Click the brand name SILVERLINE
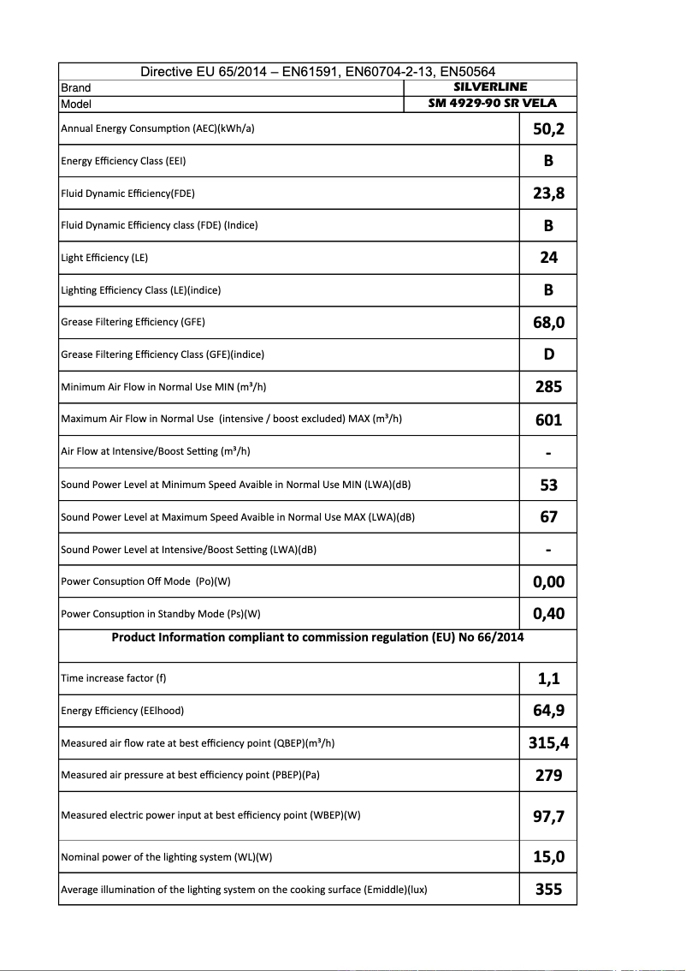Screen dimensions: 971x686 pos(490,86)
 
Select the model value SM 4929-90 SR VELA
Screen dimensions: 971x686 pos(492,103)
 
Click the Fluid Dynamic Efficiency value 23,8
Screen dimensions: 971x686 pos(548,194)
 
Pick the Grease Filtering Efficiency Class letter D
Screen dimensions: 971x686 pos(548,354)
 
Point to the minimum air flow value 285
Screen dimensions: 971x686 pos(548,387)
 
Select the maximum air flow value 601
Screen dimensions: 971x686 pos(548,420)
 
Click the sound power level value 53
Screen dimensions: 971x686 pos(548,485)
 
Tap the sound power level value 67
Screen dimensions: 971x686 pos(548,517)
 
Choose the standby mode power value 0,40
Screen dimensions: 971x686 pos(548,614)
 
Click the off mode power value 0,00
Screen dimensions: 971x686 pos(548,582)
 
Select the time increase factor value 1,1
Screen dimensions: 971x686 pos(548,678)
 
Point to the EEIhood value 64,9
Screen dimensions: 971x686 pos(548,711)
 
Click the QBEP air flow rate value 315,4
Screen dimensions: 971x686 pos(548,743)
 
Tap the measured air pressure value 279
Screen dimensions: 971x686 pos(548,775)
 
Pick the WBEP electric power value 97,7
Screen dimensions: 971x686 pos(548,816)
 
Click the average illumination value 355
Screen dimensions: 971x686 pos(548,890)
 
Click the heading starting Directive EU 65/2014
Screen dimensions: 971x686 pos(317,72)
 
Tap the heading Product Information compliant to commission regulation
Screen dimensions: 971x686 pos(317,637)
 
